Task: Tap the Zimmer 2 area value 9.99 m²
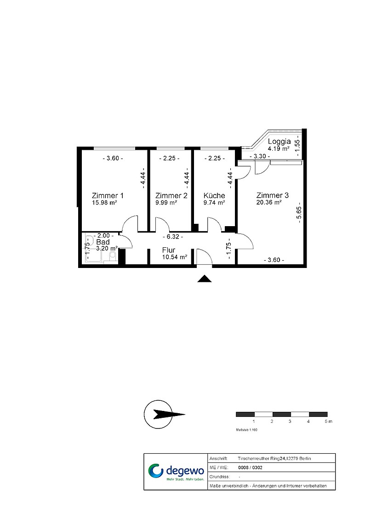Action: pyautogui.click(x=166, y=203)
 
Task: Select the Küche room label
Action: pyautogui.click(x=214, y=195)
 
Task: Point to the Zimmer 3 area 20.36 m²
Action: pyautogui.click(x=269, y=202)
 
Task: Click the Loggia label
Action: pyautogui.click(x=279, y=142)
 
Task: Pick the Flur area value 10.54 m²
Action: pyautogui.click(x=175, y=257)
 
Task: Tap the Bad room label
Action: pyautogui.click(x=103, y=242)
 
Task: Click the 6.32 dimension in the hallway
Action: pyautogui.click(x=173, y=237)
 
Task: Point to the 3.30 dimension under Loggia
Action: pyautogui.click(x=260, y=156)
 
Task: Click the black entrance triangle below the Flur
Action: pyautogui.click(x=204, y=279)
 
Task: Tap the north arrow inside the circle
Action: pyautogui.click(x=169, y=415)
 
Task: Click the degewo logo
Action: pyautogui.click(x=176, y=472)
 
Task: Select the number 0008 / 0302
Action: pyautogui.click(x=250, y=467)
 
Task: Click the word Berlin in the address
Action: pyautogui.click(x=305, y=459)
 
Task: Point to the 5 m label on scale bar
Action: pyautogui.click(x=328, y=421)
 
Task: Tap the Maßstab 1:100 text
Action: pyautogui.click(x=247, y=430)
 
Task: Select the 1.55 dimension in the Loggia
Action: pyautogui.click(x=297, y=146)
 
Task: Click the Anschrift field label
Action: pyautogui.click(x=218, y=459)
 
